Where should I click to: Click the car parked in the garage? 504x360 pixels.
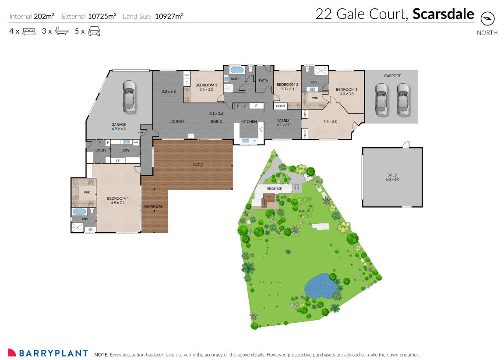coord(129,96)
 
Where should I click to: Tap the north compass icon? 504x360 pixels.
coord(487,19)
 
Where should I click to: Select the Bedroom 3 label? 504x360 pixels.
coord(206,85)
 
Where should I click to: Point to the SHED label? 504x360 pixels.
coord(392,175)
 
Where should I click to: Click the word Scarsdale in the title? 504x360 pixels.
coord(443,14)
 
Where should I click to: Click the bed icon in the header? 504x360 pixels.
coord(29,32)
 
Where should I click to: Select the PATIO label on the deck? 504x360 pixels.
coord(198,165)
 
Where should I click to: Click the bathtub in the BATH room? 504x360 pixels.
coord(236,70)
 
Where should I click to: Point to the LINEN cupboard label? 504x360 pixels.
coord(280,106)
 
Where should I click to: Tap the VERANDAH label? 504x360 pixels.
coord(153,206)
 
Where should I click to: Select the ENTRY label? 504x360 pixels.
coord(264,81)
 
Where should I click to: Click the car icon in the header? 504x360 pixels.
coord(95,32)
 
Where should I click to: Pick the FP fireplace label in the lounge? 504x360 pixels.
coord(191,136)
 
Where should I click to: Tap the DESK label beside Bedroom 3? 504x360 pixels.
coord(186,75)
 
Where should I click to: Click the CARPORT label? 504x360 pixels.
coord(392,76)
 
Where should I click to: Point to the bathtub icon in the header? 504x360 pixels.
coord(61,32)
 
